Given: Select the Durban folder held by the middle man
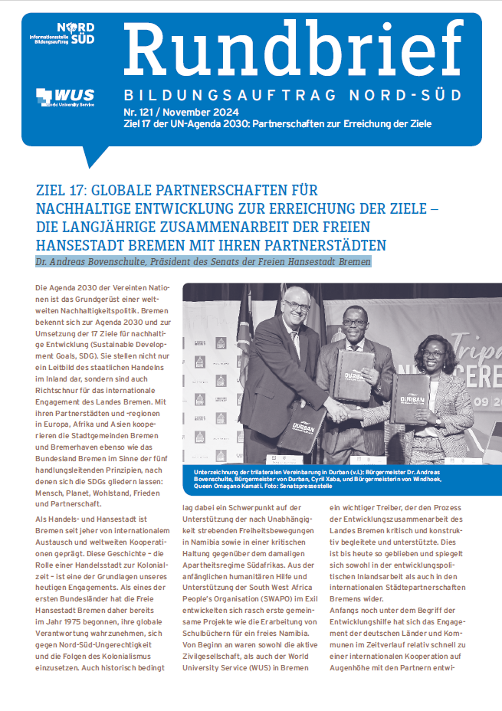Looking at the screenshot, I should pos(354,374).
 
